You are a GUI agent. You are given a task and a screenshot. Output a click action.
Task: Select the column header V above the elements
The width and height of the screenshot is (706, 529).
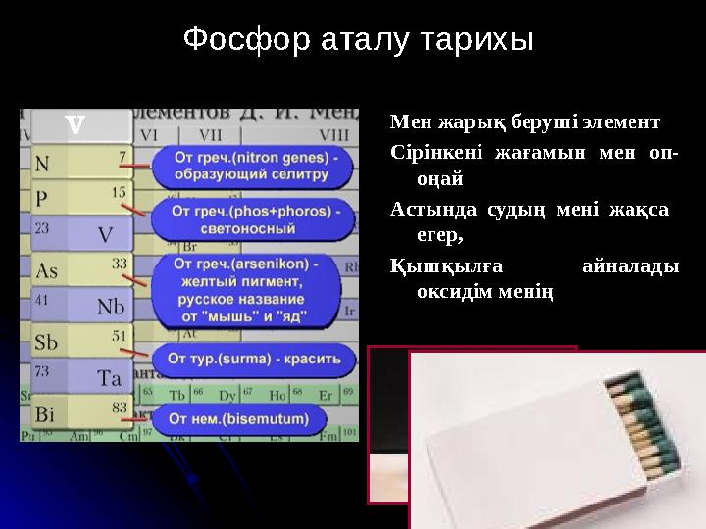point(75,125)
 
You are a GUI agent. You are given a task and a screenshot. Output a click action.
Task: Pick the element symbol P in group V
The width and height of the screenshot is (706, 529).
point(41,198)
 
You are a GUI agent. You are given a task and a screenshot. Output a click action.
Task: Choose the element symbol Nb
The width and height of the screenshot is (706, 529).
point(110,307)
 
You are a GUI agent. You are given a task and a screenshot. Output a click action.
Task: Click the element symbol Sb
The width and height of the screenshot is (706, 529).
point(46,342)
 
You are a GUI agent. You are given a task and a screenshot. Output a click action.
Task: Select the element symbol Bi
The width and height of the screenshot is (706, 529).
point(45,414)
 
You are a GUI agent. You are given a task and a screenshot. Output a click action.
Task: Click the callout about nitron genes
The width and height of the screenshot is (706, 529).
point(258,166)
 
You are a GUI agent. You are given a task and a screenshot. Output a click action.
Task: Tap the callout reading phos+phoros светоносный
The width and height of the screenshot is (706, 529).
point(257,219)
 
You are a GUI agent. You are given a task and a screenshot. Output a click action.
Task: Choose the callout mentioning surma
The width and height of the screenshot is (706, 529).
point(257,359)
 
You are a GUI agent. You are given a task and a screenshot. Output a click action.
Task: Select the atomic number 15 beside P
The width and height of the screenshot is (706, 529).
point(119,192)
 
